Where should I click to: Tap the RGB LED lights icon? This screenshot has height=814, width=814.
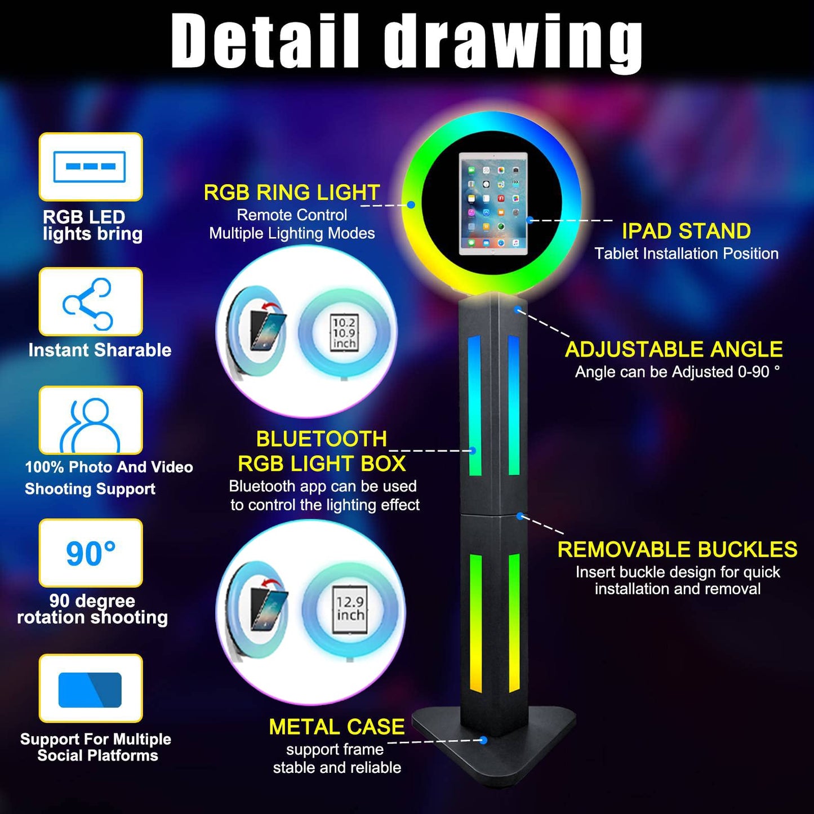(90, 167)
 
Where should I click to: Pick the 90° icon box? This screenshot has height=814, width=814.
(90, 553)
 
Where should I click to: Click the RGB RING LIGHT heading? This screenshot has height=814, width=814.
(292, 193)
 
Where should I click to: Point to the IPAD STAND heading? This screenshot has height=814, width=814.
(686, 231)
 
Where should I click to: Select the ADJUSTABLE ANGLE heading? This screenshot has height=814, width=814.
(674, 349)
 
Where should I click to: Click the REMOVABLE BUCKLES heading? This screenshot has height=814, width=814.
(677, 549)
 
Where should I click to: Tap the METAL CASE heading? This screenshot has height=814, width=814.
(337, 727)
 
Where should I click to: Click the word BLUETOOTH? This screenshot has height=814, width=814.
(321, 439)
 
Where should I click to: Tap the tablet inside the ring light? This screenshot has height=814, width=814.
(493, 203)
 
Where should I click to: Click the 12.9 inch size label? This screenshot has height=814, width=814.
(350, 608)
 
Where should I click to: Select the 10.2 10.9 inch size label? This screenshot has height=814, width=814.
(344, 332)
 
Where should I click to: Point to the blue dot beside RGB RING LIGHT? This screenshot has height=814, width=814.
(411, 204)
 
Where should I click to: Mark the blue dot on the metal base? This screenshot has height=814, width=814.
(483, 740)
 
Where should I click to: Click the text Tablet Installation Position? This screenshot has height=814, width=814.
(686, 253)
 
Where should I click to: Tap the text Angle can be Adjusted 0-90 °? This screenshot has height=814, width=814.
(677, 372)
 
